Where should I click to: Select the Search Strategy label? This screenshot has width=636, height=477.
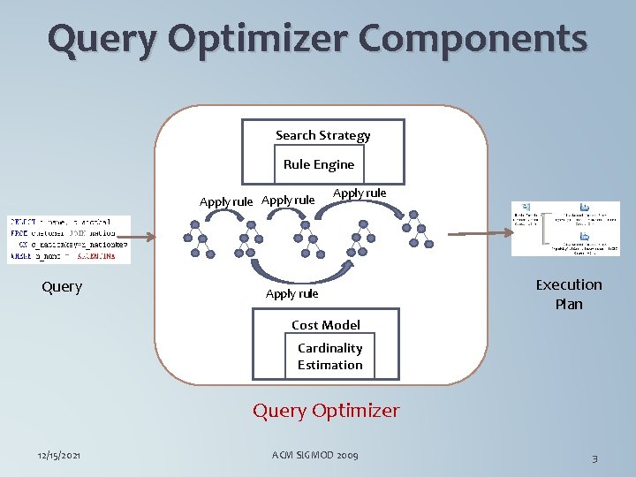click(322, 135)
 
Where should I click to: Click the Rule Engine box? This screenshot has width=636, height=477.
click(319, 164)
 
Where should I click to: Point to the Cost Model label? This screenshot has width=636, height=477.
click(326, 325)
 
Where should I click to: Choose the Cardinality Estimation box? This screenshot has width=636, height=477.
click(329, 356)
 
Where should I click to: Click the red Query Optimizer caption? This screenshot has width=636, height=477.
click(326, 411)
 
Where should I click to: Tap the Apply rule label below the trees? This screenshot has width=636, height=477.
click(291, 293)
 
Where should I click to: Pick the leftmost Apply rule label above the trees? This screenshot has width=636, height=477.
click(226, 201)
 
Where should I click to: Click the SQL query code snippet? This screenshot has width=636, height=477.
click(69, 238)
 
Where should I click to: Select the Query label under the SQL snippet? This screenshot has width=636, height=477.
click(62, 286)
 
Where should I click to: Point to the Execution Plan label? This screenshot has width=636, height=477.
click(569, 293)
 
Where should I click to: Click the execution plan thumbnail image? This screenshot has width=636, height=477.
click(566, 228)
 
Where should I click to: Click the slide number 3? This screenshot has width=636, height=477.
click(594, 458)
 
